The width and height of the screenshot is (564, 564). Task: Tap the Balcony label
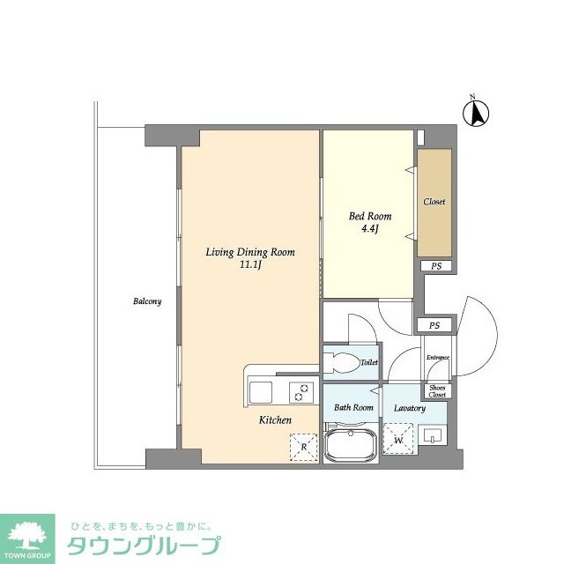coord(147,301)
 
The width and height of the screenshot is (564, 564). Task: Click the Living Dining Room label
coord(250,252)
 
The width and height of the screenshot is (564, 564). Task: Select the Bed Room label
coord(370,216)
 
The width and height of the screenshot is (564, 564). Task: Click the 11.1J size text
coord(250,265)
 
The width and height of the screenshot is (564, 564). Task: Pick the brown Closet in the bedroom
coord(434,202)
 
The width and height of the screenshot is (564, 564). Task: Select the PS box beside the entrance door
coord(434,325)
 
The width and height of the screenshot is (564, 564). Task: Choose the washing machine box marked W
coord(398,439)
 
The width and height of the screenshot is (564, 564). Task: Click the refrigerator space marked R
coord(304,448)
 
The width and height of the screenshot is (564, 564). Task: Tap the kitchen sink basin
coord(263,391)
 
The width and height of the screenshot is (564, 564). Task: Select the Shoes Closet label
coord(437,390)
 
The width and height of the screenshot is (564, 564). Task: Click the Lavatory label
coord(410,408)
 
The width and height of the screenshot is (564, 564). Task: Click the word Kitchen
coord(275,420)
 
